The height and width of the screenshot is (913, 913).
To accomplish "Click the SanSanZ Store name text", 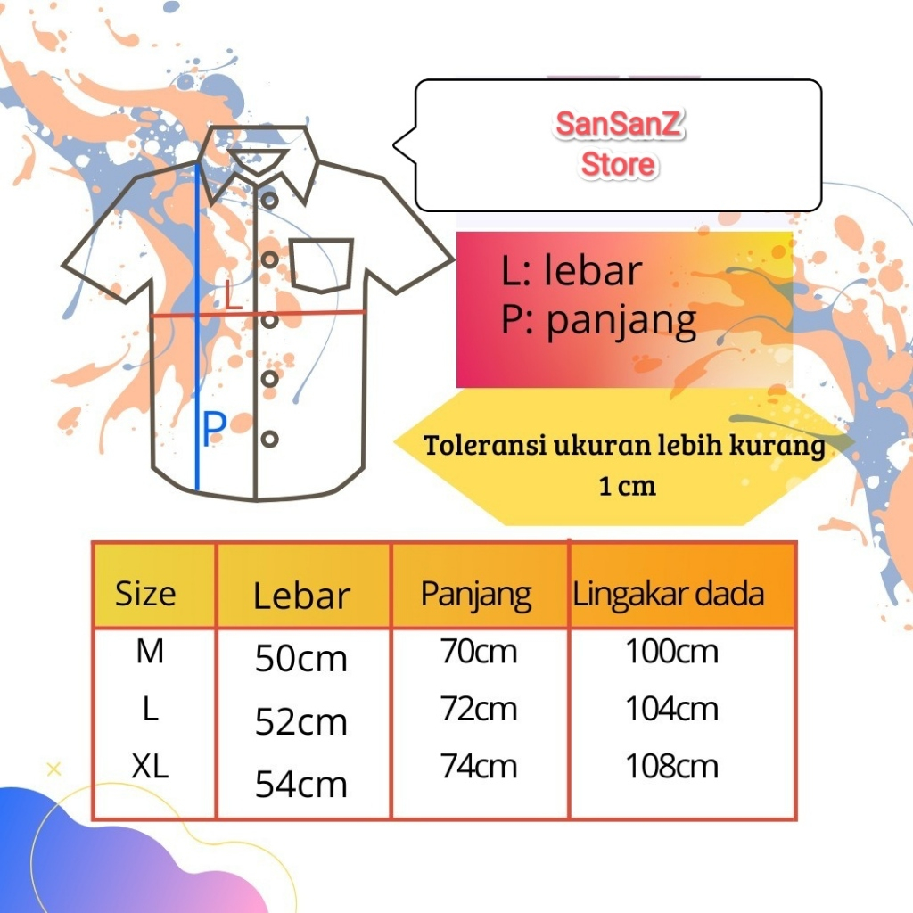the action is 618,144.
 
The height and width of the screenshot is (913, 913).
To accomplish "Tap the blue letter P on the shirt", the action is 213,431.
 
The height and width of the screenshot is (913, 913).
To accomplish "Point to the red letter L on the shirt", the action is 233,295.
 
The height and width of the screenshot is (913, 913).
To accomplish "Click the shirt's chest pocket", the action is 321,265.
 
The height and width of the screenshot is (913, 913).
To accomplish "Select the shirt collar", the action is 259,160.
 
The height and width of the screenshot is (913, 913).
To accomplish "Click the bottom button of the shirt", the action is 270,439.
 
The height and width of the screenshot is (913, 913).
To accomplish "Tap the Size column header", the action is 145,594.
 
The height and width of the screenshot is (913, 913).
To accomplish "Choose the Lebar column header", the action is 301,596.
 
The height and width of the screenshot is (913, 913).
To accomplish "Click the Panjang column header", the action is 476,594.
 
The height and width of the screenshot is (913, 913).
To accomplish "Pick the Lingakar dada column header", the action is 669,594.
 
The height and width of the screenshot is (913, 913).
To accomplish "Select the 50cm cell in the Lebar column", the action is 301,660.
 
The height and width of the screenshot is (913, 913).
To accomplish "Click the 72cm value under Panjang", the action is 479,710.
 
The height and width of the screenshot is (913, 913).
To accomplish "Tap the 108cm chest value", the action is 671,767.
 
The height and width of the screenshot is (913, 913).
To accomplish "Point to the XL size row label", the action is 150,767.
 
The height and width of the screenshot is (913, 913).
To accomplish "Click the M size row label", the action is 150,652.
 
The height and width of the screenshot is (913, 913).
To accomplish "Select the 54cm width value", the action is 301,785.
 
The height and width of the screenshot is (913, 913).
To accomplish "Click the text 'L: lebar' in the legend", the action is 571,271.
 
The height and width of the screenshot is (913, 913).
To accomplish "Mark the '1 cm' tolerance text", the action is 627,486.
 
